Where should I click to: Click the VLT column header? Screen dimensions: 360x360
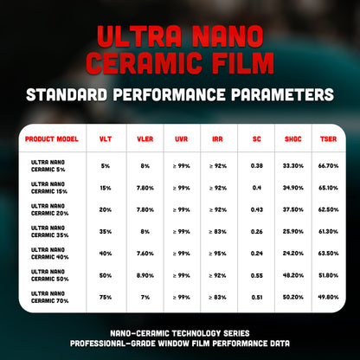106,138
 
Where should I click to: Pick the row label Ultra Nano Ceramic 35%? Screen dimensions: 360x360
51,231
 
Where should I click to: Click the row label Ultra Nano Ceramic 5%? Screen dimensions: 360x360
51,164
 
